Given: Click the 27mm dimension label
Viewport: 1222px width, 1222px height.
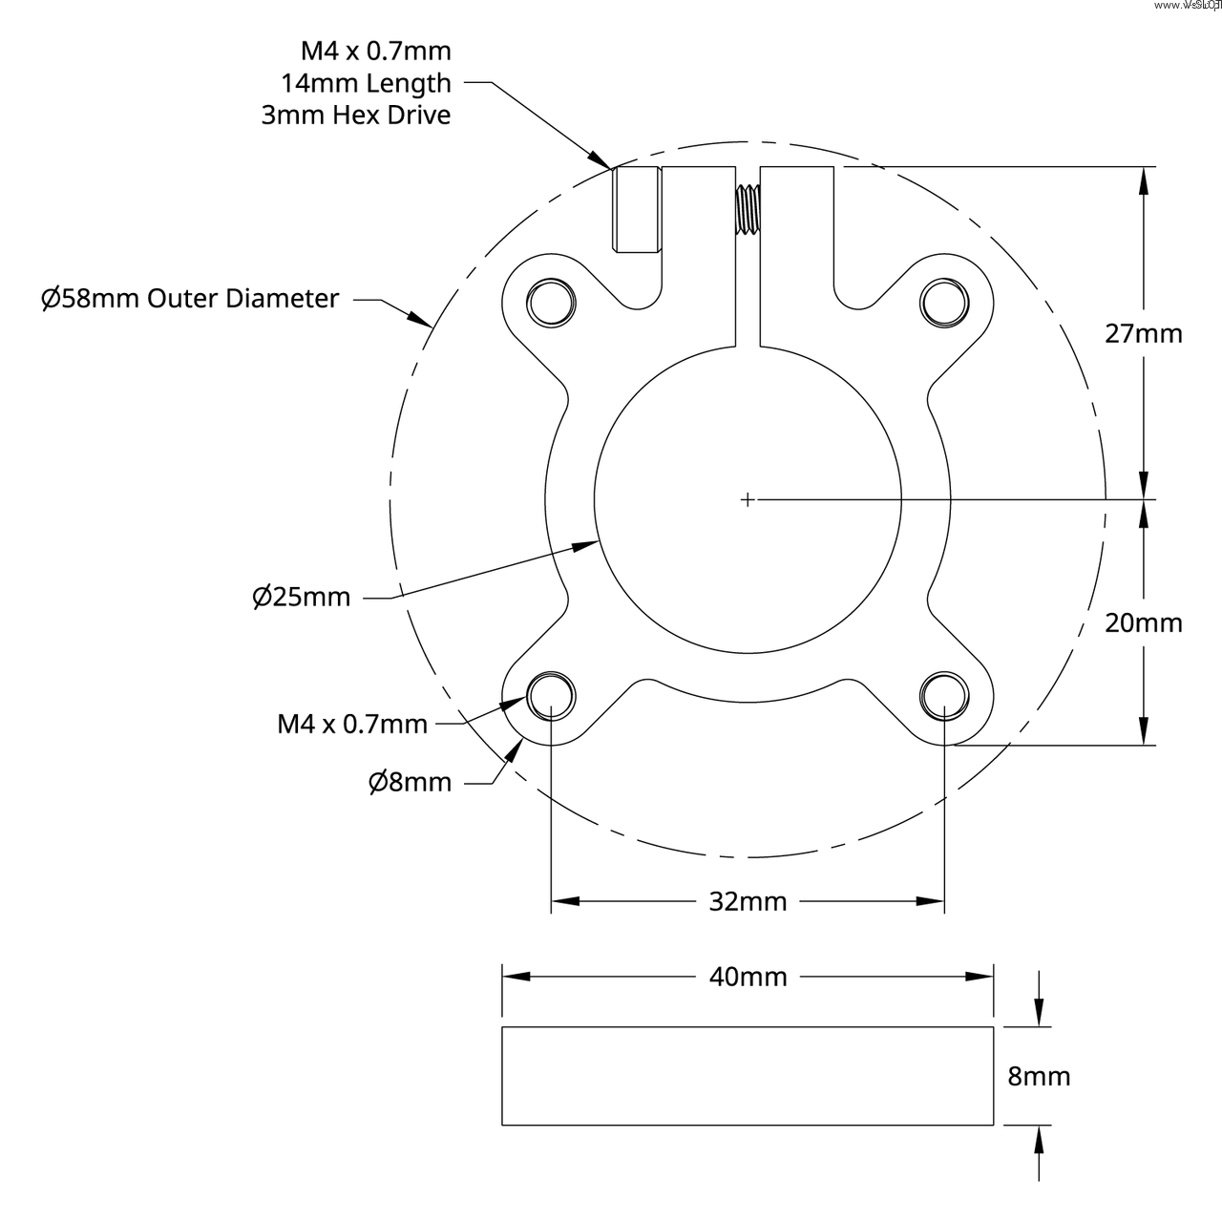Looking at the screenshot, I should pos(1143,333).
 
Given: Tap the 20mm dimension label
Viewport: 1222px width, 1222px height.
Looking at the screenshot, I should pos(1143,622).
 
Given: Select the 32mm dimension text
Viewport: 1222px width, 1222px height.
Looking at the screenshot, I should pos(748,901).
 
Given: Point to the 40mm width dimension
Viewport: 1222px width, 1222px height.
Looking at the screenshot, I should pos(748,977).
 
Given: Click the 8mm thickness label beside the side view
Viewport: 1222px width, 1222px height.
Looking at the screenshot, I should pos(1039,1076).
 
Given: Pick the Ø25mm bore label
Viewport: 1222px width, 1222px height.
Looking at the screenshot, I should pos(302,597).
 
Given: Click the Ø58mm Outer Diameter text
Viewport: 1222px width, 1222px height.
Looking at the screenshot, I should pos(190,299).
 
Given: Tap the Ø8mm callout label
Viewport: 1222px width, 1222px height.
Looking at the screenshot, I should pos(410,782).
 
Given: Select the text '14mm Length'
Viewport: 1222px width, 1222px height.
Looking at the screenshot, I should pos(366,83).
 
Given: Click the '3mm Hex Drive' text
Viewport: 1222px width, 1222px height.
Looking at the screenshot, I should pos(356,116).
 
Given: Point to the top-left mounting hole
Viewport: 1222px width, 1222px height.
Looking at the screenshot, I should pos(552,302).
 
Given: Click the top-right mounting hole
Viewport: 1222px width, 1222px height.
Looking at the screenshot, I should pos(944,302).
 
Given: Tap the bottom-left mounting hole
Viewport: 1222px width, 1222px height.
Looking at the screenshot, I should pos(552,694).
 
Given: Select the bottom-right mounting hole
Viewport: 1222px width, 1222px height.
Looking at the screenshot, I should pos(944,694).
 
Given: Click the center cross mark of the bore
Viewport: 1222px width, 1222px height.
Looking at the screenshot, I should pos(748,498).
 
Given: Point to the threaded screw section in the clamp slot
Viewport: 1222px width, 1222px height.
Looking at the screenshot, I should pos(748,208).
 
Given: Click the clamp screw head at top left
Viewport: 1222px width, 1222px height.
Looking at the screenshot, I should pos(636,209).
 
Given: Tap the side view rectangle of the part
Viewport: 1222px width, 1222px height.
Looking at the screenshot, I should pos(748,1076).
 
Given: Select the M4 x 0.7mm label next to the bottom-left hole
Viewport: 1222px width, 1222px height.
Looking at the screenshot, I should pos(352,724).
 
